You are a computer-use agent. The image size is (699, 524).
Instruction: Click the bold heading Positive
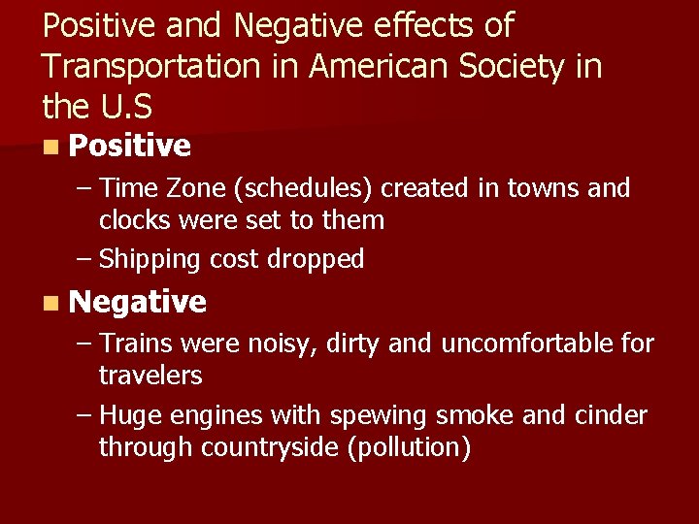(130, 147)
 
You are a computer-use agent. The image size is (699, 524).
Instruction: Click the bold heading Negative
(138, 303)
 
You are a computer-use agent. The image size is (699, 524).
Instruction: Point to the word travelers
(150, 376)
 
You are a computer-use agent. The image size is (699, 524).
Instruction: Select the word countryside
(283, 448)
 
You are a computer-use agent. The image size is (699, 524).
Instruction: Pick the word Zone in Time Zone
(195, 188)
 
